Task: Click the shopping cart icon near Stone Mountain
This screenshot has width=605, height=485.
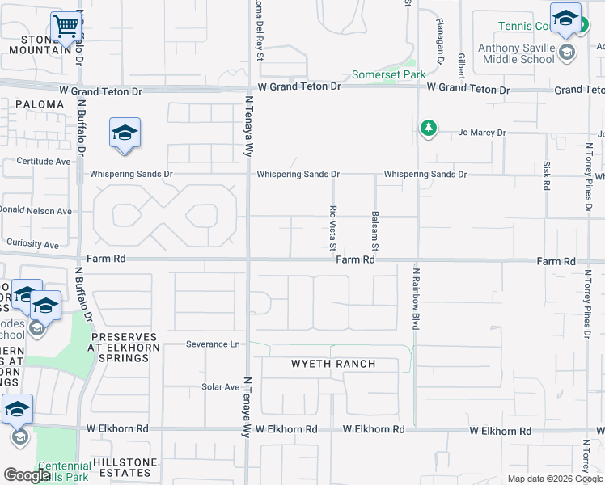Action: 66,26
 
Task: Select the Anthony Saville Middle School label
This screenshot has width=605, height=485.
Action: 516,53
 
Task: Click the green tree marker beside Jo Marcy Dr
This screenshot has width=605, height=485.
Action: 428,128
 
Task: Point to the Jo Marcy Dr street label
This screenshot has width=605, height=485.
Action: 481,132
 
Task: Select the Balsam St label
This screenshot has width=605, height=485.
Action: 375,230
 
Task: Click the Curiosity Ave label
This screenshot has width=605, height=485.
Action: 32,244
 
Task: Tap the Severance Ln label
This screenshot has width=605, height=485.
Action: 213,344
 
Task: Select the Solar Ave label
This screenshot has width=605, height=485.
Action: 220,387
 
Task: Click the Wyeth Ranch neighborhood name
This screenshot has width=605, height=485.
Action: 333,364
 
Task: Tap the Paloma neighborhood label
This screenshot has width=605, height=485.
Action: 39,104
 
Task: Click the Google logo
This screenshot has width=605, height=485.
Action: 27,475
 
